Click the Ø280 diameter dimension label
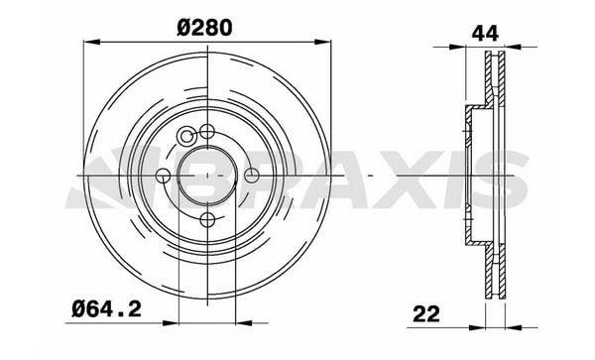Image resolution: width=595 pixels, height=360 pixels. pyautogui.click(x=204, y=28)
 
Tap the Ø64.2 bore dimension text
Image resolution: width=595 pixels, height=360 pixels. pyautogui.click(x=107, y=309)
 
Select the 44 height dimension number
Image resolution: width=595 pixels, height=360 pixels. pyautogui.click(x=485, y=34)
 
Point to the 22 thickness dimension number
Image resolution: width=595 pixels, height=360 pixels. pyautogui.click(x=426, y=313)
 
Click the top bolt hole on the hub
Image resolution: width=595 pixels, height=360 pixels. pyautogui.click(x=207, y=132)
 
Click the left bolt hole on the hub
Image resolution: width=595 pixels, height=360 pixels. pyautogui.click(x=164, y=176)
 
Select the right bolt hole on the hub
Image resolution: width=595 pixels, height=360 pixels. pyautogui.click(x=251, y=176)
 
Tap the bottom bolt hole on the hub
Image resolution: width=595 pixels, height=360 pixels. pyautogui.click(x=207, y=219)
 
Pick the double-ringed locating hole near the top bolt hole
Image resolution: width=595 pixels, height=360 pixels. pyautogui.click(x=186, y=136)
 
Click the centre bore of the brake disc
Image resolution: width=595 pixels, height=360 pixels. pyautogui.click(x=207, y=176)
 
